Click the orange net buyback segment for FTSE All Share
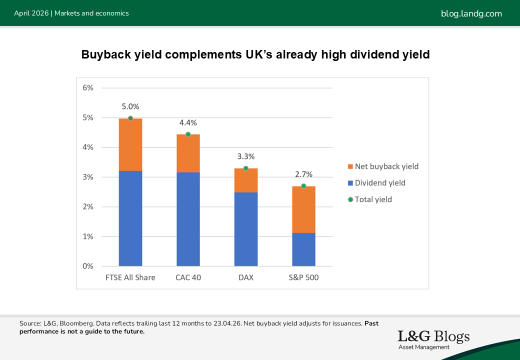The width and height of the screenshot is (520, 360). [x=130, y=144]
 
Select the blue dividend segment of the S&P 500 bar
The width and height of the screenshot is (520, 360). [x=303, y=249]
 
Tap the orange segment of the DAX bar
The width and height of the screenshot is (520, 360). [x=245, y=180]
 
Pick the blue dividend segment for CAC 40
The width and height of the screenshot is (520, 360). [x=188, y=219]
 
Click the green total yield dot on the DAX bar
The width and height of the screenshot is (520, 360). [x=245, y=168]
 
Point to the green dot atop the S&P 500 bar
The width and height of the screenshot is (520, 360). [x=303, y=186]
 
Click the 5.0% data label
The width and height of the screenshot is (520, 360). [x=130, y=106]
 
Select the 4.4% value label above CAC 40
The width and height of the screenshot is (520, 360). [x=188, y=122]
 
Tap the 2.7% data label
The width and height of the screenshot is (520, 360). [x=303, y=174]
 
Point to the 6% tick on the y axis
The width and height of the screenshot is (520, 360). [x=88, y=88]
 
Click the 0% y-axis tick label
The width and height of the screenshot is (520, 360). [x=88, y=266]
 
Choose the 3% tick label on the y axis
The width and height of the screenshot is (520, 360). [x=88, y=177]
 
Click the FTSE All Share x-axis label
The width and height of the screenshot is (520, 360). [x=130, y=277]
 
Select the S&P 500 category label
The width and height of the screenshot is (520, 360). [x=303, y=277]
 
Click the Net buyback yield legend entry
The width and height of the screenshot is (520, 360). [x=386, y=166]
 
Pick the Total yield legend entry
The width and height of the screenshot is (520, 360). [x=373, y=199]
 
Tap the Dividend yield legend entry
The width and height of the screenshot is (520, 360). [x=380, y=183]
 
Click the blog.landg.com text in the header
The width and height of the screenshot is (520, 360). [x=471, y=13]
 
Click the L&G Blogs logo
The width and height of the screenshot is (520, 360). [x=433, y=339]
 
